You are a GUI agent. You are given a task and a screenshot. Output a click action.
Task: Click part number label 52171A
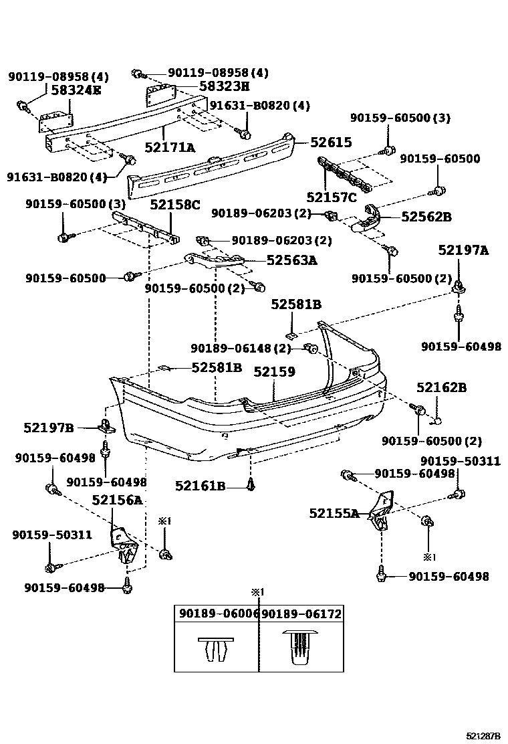click(x=170, y=147)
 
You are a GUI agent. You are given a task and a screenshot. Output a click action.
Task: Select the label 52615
click(x=330, y=143)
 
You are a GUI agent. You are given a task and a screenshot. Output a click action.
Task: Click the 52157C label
click(x=332, y=197)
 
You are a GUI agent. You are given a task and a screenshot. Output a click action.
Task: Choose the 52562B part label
click(x=426, y=216)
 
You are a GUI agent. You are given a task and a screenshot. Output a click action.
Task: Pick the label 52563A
click(x=291, y=260)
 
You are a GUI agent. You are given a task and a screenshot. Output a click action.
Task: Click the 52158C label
click(x=174, y=205)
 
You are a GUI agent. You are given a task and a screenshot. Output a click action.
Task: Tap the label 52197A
click(x=463, y=250)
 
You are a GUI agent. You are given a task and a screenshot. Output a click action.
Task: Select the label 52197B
click(x=49, y=427)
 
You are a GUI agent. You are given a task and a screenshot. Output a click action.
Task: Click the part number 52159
click(x=274, y=371)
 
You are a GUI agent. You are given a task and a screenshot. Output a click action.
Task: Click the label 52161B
click(x=201, y=486)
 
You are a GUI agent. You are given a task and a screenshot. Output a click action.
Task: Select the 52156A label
click(x=117, y=500)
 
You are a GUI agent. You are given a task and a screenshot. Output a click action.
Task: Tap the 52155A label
click(x=334, y=513)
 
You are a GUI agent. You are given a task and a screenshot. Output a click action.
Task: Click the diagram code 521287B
click(x=483, y=735)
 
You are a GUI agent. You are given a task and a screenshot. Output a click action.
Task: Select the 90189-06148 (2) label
click(x=241, y=348)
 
